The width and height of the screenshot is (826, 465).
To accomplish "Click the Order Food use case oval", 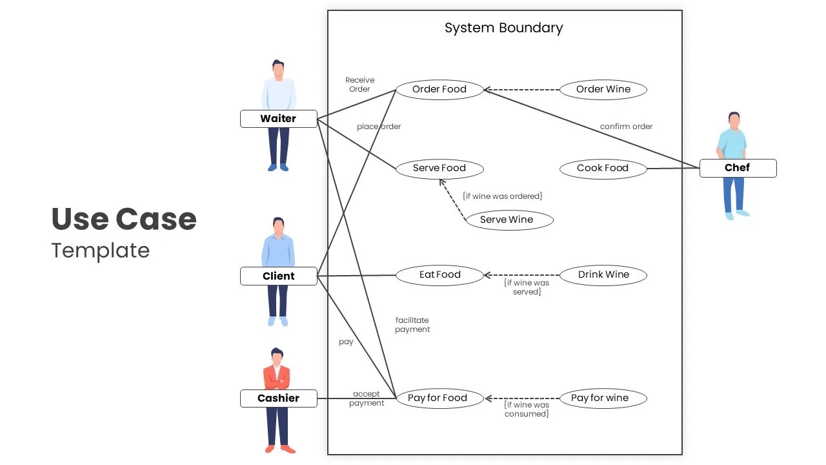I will tap(439, 89).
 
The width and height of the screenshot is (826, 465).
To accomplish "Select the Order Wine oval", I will tap(603, 89).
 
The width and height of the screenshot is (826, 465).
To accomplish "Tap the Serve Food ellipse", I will tap(439, 168).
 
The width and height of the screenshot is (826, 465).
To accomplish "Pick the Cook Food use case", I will tap(603, 168).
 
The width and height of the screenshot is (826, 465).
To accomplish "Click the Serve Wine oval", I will tap(509, 220).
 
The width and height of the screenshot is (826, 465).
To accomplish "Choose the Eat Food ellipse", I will tap(439, 275).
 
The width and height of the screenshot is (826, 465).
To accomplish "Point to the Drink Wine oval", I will tap(603, 275).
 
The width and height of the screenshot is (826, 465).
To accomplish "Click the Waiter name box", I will tap(278, 119).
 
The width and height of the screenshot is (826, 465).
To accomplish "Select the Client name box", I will tap(278, 276).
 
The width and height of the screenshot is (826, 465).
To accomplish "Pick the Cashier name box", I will tap(278, 398).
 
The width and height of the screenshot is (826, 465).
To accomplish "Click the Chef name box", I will tap(738, 168).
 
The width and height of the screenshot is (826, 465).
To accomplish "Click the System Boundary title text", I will tap(503, 28).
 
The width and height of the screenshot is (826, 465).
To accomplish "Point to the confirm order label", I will tap(626, 127).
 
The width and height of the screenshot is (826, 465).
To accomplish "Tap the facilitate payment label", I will tap(412, 325).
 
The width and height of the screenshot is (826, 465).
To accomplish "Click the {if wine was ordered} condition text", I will tap(502, 196).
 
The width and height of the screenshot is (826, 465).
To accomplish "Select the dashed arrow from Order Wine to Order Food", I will tap(523, 90).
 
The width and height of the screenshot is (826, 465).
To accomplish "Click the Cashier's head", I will tap(277, 356).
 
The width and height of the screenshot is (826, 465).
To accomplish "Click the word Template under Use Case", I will tap(100, 251).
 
